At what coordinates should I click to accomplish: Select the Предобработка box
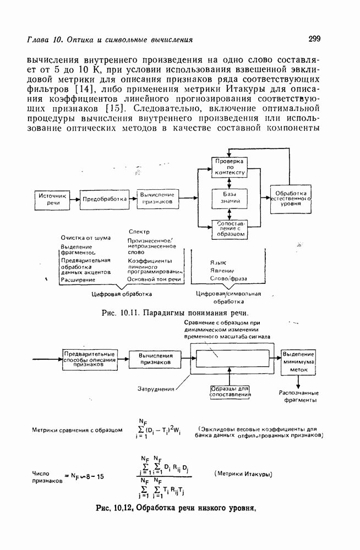(104, 199)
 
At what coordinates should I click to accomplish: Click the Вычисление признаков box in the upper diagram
(157, 199)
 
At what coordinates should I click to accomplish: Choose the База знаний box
(230, 198)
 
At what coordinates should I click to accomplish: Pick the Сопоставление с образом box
(230, 229)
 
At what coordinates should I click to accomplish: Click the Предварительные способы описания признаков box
(89, 359)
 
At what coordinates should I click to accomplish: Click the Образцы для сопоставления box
(230, 392)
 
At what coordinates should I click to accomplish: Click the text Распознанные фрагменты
(298, 397)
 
